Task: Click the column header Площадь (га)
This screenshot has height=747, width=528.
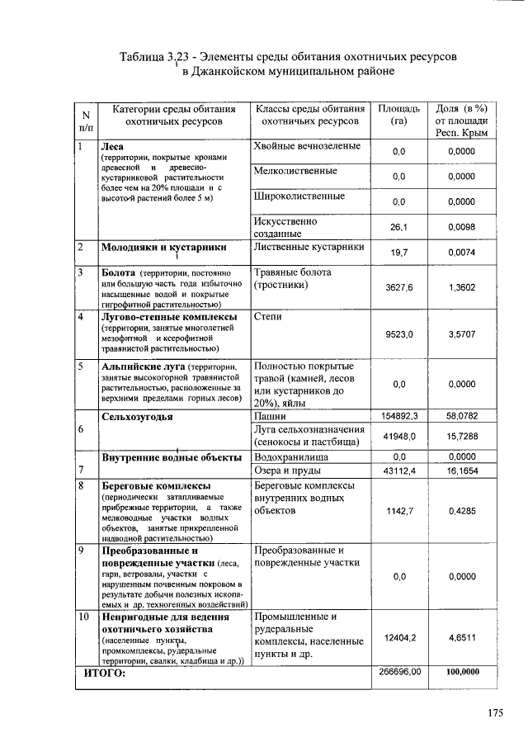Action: click(399, 115)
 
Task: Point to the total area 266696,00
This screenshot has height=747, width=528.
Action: click(399, 673)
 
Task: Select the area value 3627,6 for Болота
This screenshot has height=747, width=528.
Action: click(399, 288)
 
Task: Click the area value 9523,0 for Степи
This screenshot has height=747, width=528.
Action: click(399, 334)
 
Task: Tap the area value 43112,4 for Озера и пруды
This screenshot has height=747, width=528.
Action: click(399, 470)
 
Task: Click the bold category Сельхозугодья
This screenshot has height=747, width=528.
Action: click(137, 417)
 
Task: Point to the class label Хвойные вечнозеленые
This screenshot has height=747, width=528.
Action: click(308, 146)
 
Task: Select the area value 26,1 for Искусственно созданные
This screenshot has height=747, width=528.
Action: click(399, 226)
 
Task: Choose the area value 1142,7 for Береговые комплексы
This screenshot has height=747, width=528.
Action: click(399, 511)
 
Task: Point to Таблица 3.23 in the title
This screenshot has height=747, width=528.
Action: click(152, 57)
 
